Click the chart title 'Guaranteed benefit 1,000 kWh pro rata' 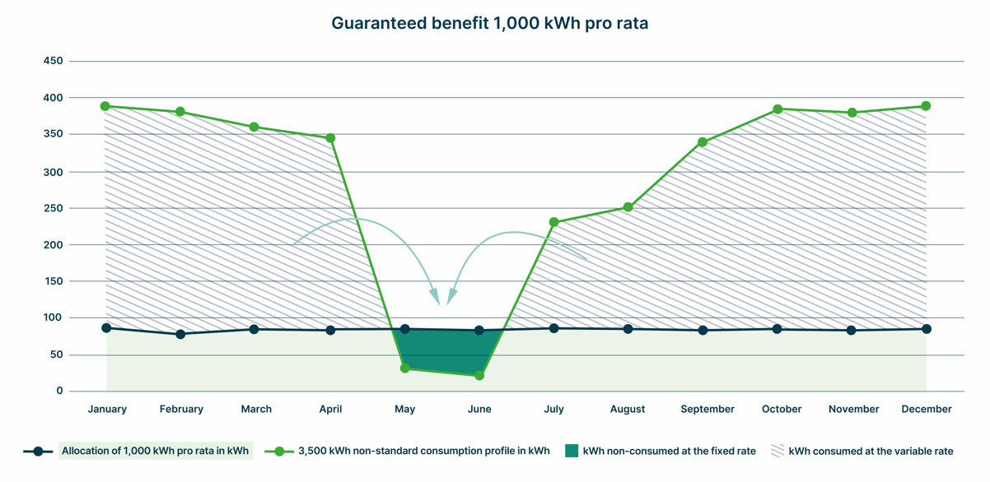pyautogui.click(x=489, y=23)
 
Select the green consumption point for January pyautogui.click(x=105, y=106)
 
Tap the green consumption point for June pyautogui.click(x=479, y=375)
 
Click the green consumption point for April pyautogui.click(x=330, y=138)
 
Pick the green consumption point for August pyautogui.click(x=628, y=207)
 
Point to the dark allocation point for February pyautogui.click(x=180, y=334)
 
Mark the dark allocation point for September pyautogui.click(x=703, y=331)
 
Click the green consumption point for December pyautogui.click(x=926, y=106)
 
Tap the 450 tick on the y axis pyautogui.click(x=54, y=61)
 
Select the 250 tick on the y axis pyautogui.click(x=54, y=208)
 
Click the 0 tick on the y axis pyautogui.click(x=59, y=391)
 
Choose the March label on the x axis pyautogui.click(x=256, y=409)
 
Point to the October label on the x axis pyautogui.click(x=782, y=409)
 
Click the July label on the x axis pyautogui.click(x=553, y=409)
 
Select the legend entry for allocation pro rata pyautogui.click(x=156, y=451)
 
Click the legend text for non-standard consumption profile pyautogui.click(x=423, y=451)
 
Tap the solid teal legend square pyautogui.click(x=572, y=451)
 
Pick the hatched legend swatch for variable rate pyautogui.click(x=778, y=451)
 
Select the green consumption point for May pyautogui.click(x=404, y=368)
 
